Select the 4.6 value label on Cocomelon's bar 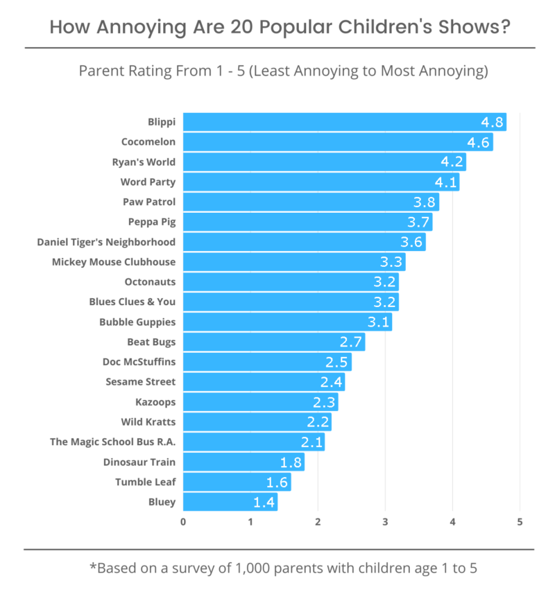478,143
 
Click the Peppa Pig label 152,222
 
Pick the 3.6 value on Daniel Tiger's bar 411,243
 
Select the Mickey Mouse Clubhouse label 114,262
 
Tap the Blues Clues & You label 132,302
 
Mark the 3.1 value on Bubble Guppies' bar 378,322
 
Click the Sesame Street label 141,381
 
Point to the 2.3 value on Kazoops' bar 324,402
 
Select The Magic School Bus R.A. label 112,442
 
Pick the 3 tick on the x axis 385,521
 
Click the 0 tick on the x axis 183,521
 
